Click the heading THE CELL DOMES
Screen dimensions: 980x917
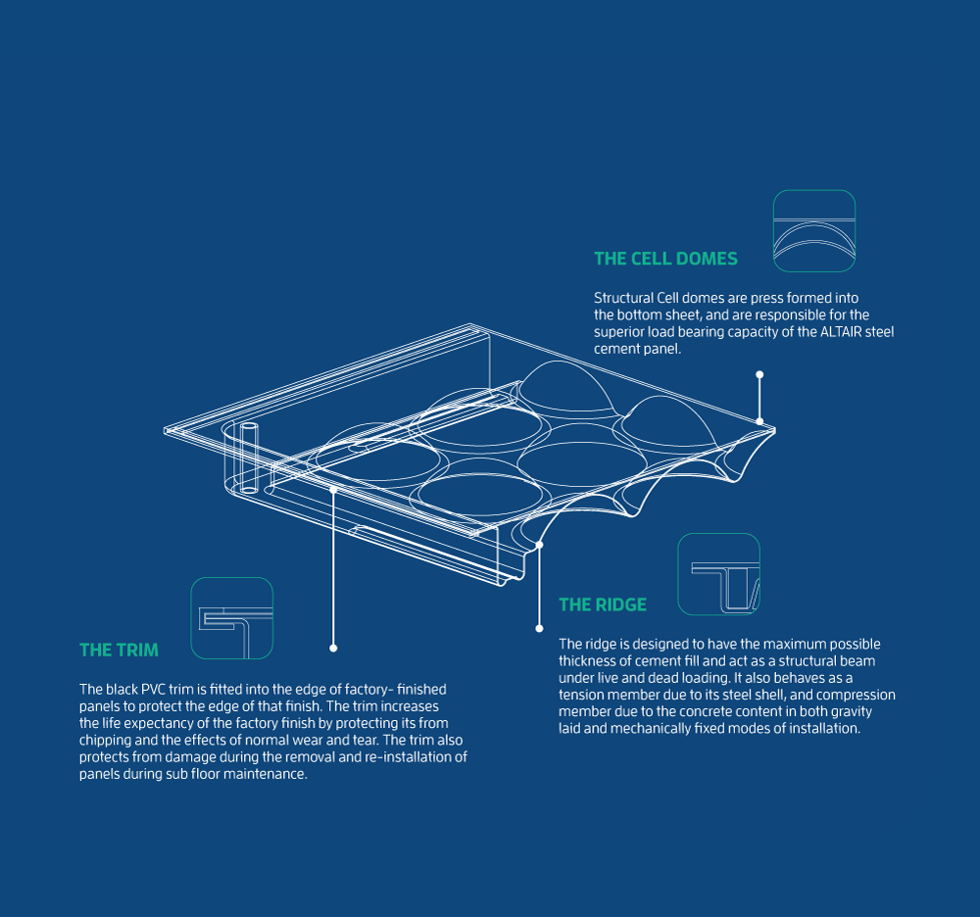tap(665, 259)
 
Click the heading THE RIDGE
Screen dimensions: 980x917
tap(603, 604)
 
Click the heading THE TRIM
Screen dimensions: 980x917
tap(119, 651)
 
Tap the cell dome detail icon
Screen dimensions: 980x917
tap(813, 231)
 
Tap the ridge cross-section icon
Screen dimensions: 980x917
tap(718, 574)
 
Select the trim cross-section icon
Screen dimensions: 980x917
tap(232, 618)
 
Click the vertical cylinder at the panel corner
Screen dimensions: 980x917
tap(249, 458)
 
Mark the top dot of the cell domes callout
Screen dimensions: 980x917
tap(759, 375)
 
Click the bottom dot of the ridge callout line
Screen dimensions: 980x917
tap(539, 628)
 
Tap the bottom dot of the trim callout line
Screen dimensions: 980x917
tap(333, 649)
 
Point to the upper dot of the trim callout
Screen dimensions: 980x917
tap(333, 490)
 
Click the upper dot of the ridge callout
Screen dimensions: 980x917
tap(539, 545)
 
